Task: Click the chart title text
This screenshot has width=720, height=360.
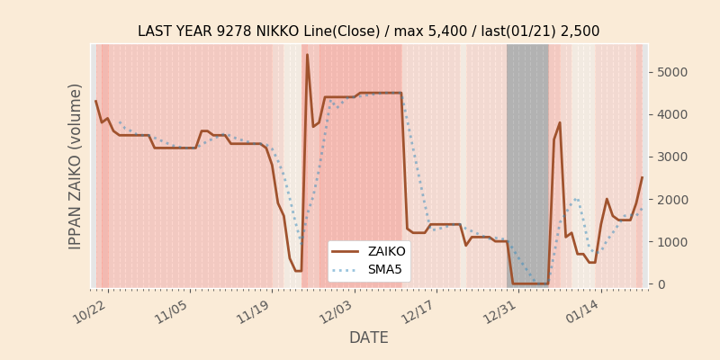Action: tap(368, 31)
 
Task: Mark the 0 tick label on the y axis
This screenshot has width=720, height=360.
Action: tap(661, 284)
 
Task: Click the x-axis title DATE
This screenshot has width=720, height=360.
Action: tap(368, 338)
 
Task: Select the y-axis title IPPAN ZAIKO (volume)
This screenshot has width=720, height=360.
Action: tap(76, 166)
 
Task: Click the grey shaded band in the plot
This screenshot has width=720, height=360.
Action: tap(527, 162)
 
